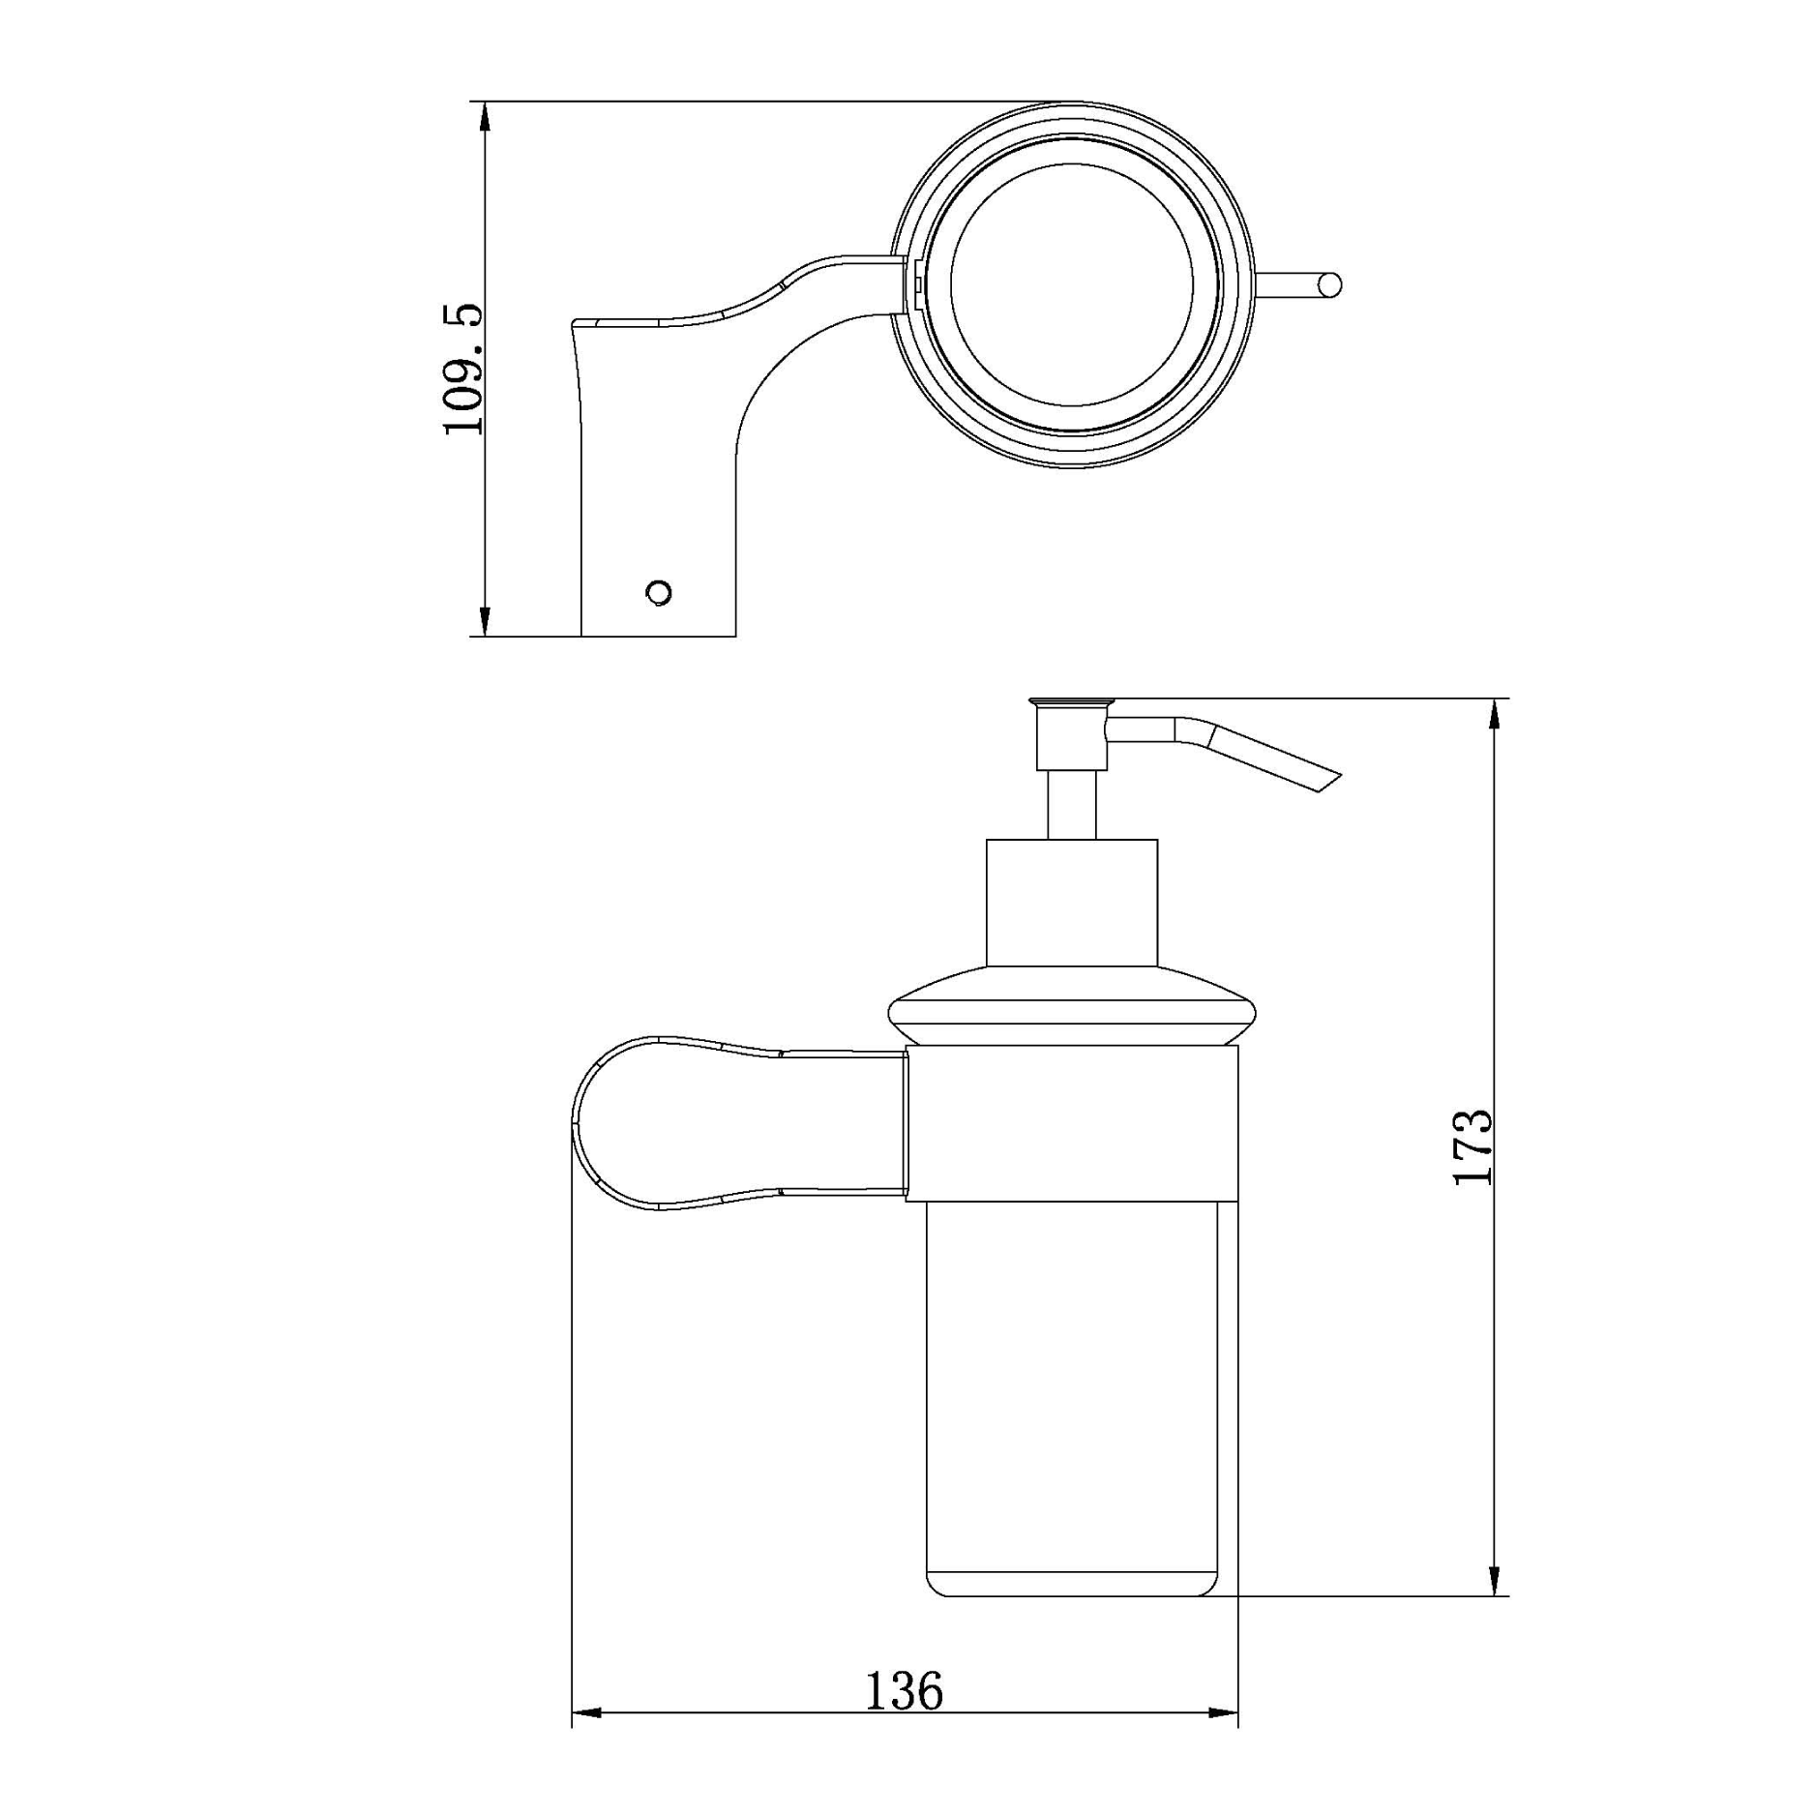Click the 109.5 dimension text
point(462,369)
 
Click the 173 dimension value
point(1472,1146)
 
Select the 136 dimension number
point(903,1690)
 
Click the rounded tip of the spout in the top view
point(1332,284)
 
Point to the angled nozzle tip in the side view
point(1327,781)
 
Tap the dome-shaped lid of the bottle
point(1072,1006)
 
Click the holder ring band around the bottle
point(1072,1123)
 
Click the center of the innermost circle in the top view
point(1072,284)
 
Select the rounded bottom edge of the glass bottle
point(1072,1593)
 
